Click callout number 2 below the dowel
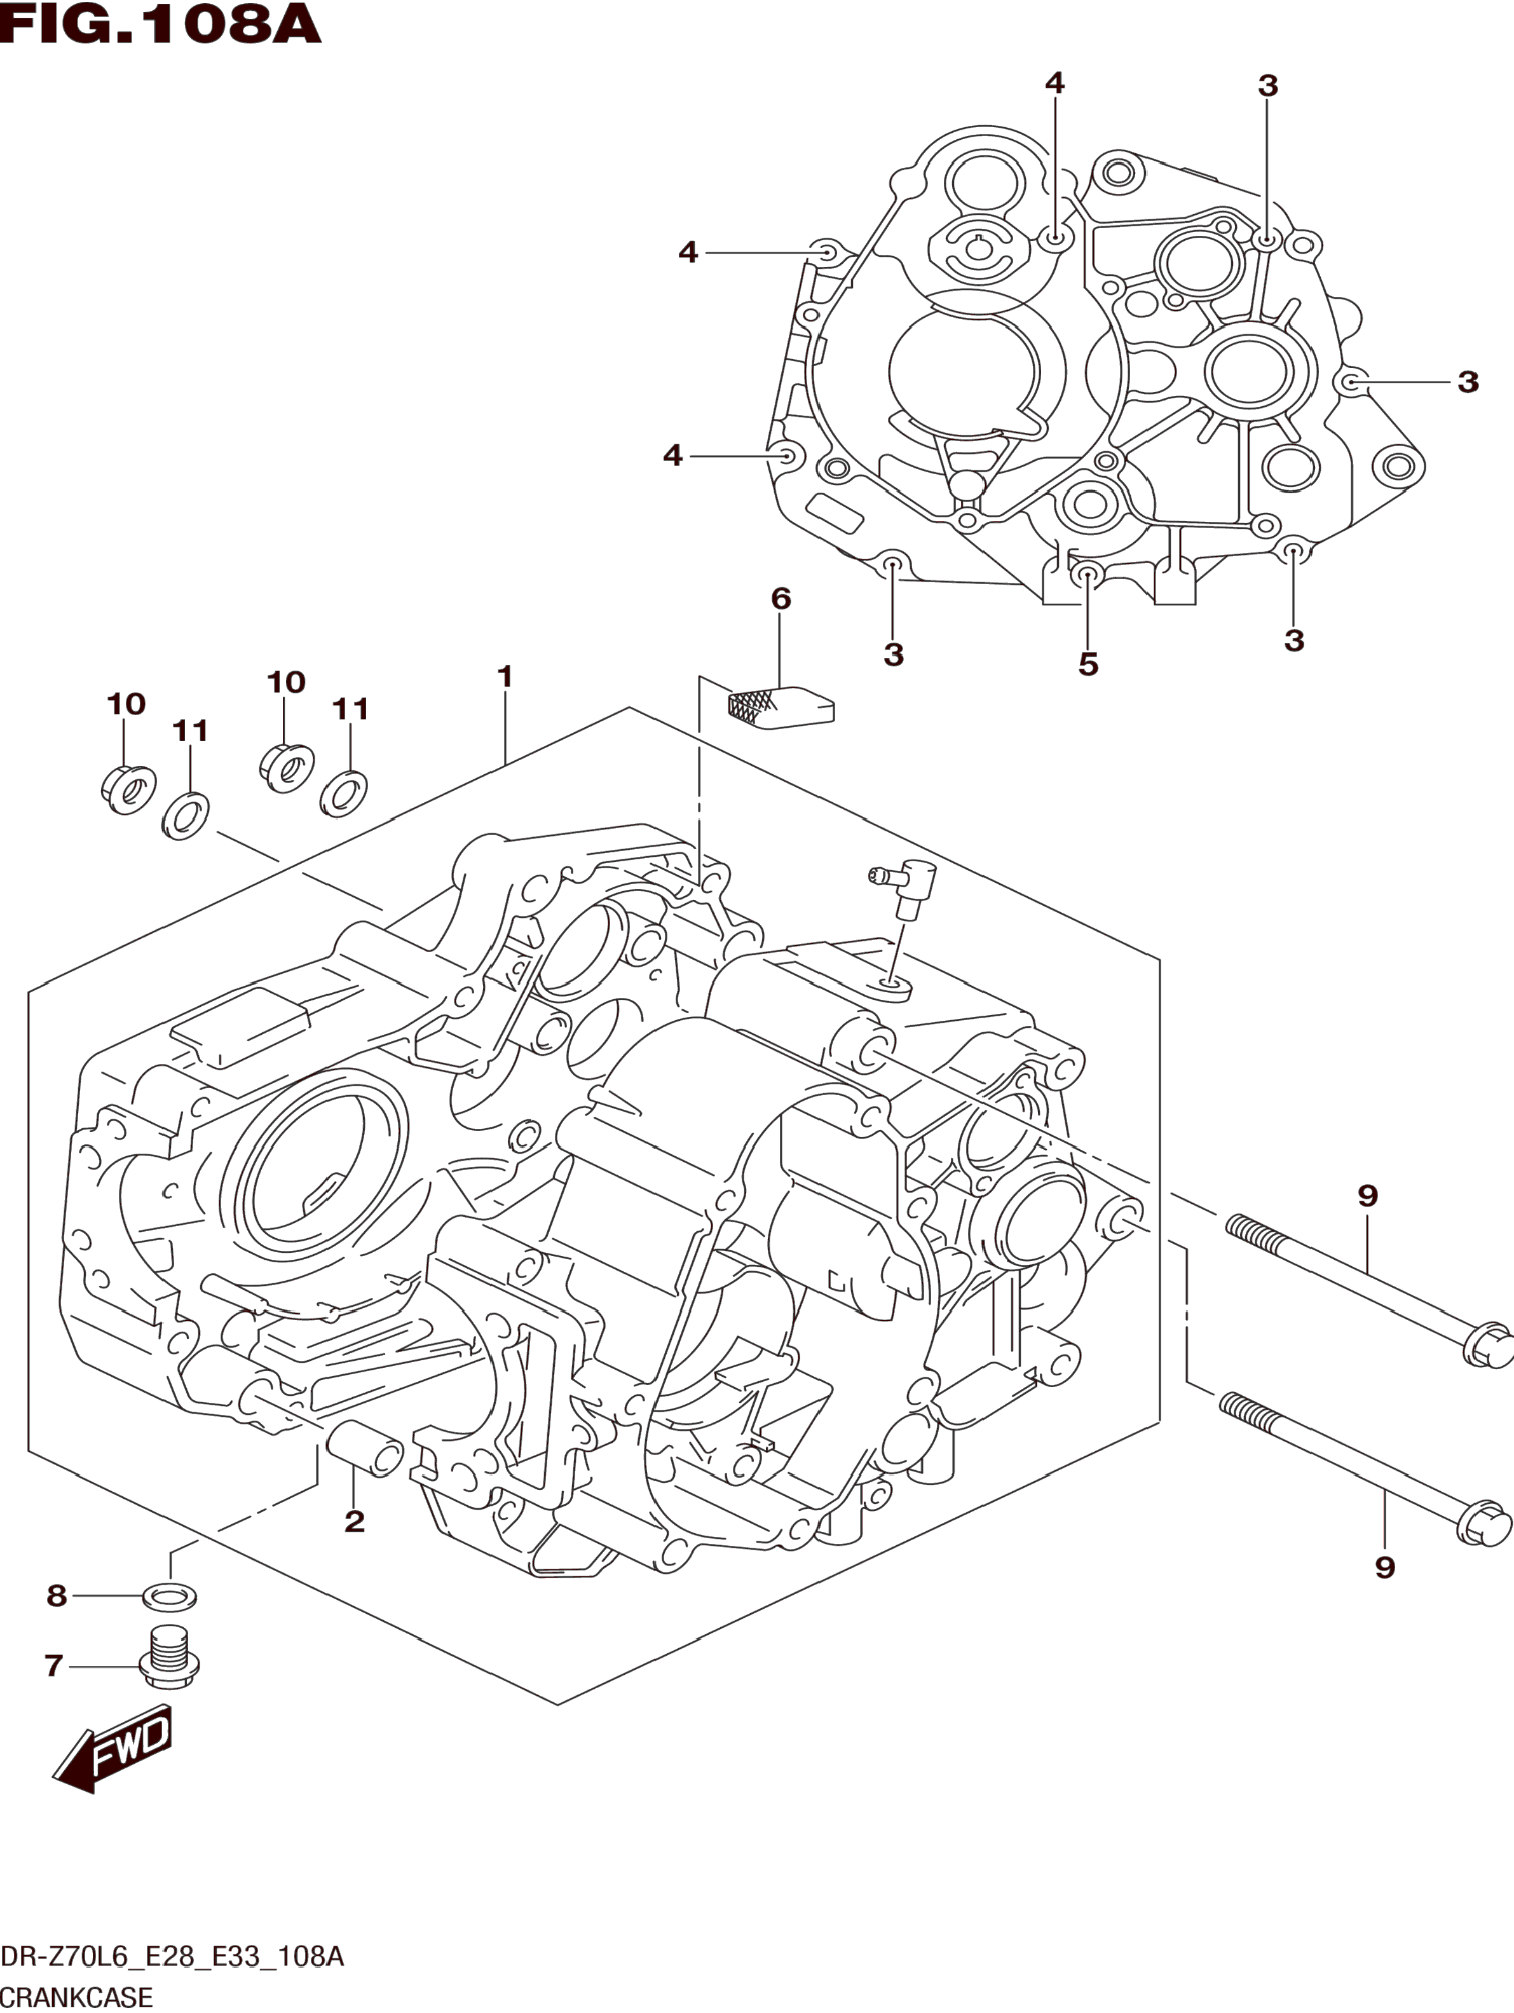(355, 1520)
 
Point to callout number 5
(1088, 664)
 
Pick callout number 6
(781, 598)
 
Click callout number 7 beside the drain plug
(53, 1665)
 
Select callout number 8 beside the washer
(57, 1595)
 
